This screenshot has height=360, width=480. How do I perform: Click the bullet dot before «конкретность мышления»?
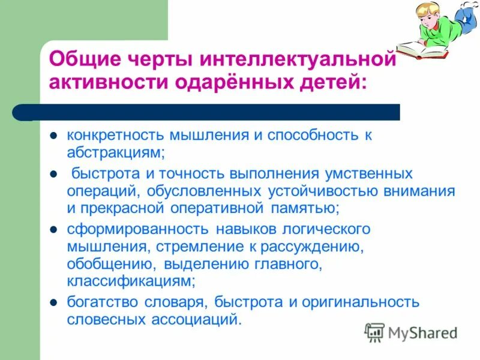click(53, 136)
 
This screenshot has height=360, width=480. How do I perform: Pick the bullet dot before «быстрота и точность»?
click(53, 174)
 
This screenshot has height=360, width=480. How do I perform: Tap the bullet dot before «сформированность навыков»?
click(53, 229)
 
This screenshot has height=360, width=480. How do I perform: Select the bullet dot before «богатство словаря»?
click(53, 302)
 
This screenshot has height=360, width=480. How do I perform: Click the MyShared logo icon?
click(375, 331)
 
